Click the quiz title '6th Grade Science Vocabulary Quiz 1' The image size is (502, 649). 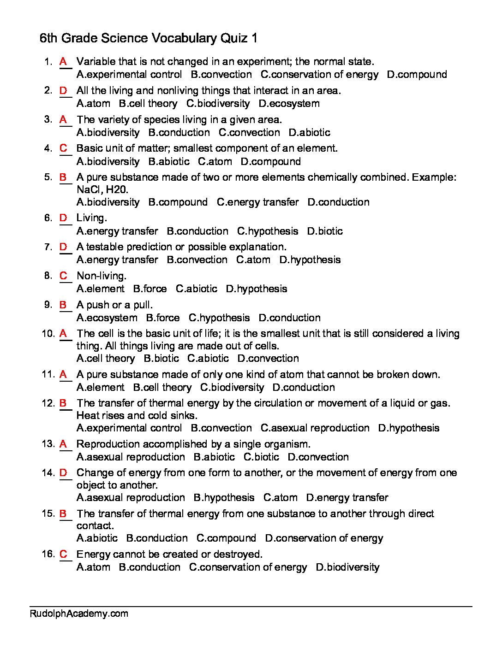coord(149,39)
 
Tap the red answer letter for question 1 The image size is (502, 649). coord(64,61)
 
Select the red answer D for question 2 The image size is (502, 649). coord(64,90)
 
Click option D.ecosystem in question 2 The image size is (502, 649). coord(289,103)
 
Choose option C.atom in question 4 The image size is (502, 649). coord(215,161)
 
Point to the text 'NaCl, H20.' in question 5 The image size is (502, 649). coord(102,189)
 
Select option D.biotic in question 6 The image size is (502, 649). coord(325,231)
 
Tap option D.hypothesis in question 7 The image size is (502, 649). coord(310,260)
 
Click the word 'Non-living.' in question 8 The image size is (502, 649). coord(101,276)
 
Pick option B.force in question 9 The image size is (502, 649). coord(163,318)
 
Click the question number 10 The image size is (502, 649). coord(48,333)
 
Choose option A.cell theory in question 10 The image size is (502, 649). coord(106,358)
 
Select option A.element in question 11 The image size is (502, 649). coord(101,387)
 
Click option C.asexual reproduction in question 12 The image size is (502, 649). coord(315,428)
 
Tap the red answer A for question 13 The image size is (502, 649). coord(64,444)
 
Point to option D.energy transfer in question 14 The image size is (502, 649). coord(347,497)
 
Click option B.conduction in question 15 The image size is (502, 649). coord(157,538)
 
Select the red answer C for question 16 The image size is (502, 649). coord(64,554)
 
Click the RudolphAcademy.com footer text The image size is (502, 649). coord(79,614)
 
